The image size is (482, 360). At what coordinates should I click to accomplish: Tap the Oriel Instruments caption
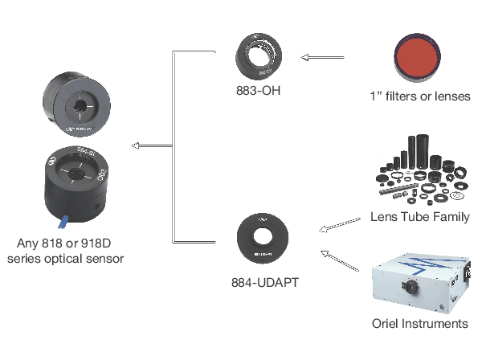coord(419,324)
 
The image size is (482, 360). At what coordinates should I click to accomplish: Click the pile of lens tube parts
coord(419,173)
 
